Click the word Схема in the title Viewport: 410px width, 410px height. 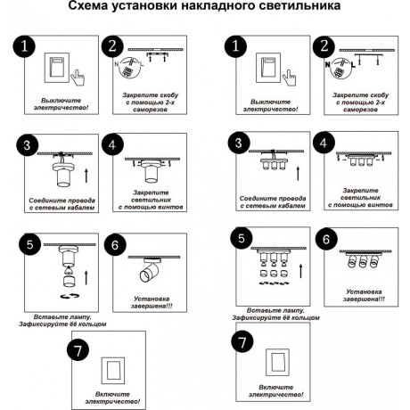click(87, 5)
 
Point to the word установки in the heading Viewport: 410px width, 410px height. click(143, 5)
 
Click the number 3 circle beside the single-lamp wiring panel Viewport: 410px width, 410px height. click(27, 145)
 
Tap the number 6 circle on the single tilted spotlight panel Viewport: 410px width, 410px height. click(115, 245)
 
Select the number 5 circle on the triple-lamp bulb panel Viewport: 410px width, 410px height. click(242, 238)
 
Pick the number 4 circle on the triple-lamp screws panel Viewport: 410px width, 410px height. click(324, 143)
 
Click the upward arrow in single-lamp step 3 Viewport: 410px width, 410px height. click(86, 176)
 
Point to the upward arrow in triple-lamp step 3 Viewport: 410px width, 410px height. click(298, 173)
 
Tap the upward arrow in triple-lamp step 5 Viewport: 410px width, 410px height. click(301, 271)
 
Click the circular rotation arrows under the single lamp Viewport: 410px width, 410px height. click(70, 296)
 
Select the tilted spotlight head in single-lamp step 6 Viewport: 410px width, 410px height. click(150, 272)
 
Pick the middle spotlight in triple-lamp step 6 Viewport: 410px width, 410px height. click(363, 261)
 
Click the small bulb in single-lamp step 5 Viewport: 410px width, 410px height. click(68, 270)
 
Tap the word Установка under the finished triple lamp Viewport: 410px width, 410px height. click(364, 291)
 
